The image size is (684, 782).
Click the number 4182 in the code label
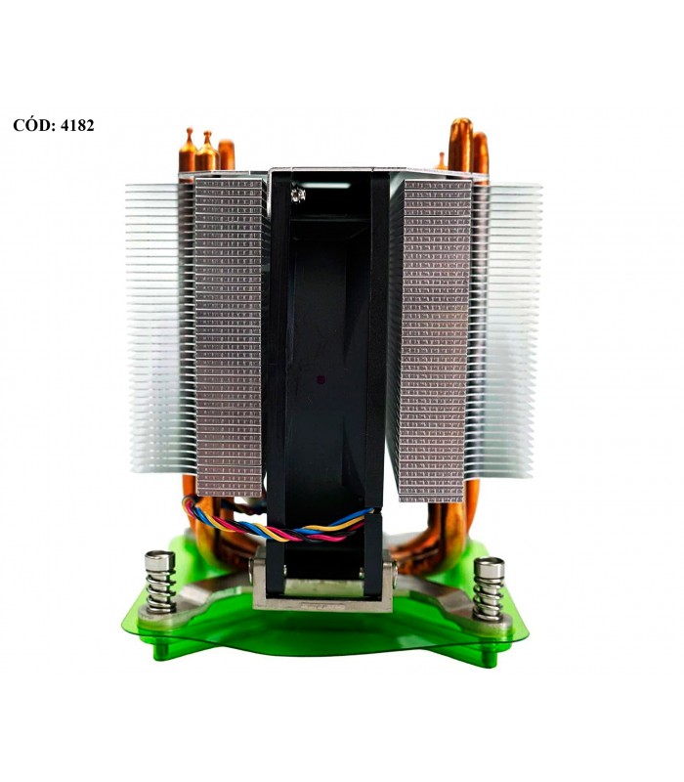77,125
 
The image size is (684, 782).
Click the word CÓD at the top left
33,125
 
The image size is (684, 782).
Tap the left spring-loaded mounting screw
160,582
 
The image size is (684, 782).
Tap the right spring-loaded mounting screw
489,588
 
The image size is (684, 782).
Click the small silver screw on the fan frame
298,195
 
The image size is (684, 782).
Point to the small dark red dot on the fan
321,379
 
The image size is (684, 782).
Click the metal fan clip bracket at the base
322,584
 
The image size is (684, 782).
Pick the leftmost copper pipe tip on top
188,150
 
